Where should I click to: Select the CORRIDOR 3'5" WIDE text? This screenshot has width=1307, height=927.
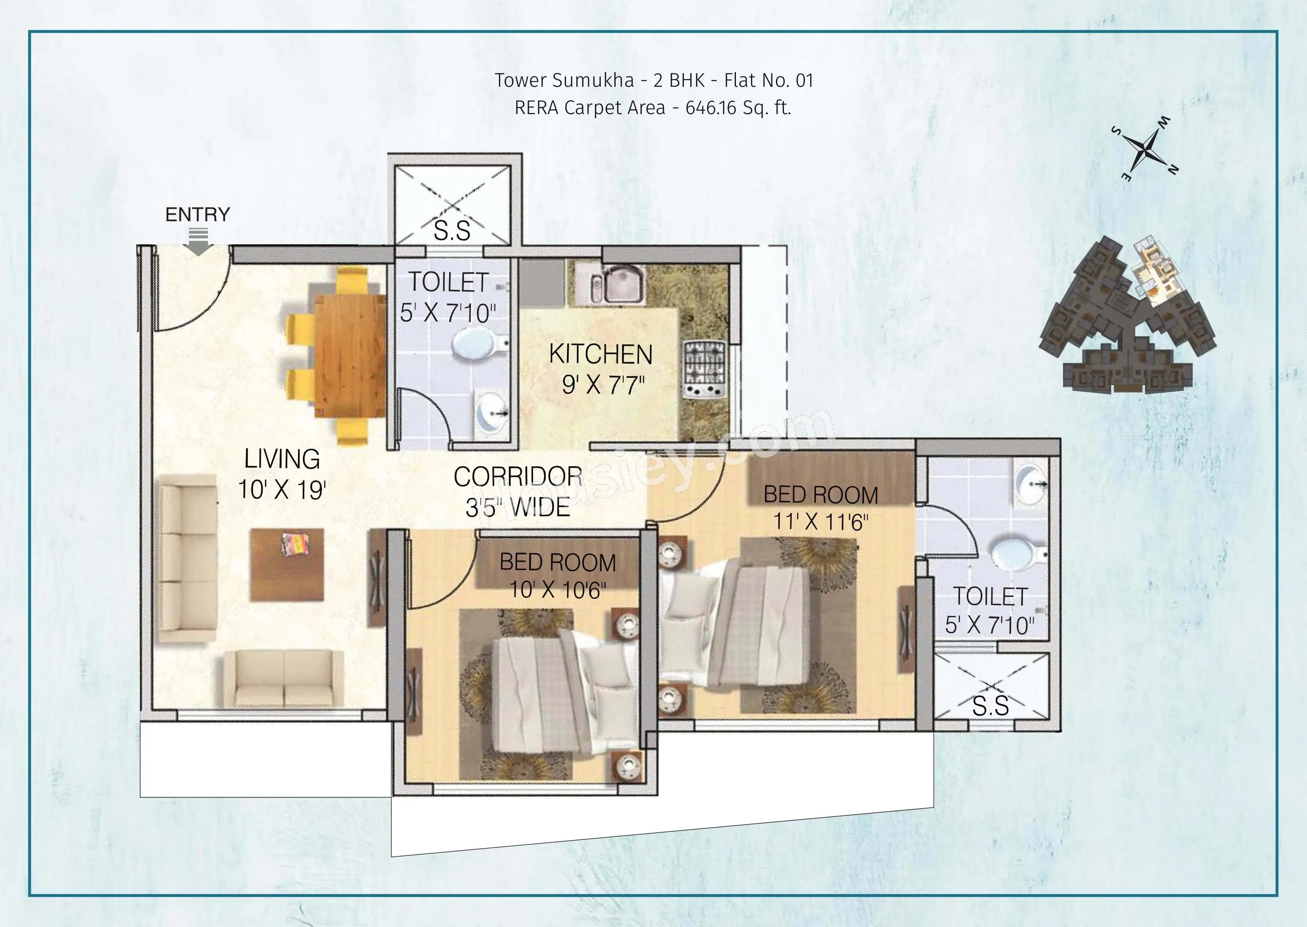pos(518,492)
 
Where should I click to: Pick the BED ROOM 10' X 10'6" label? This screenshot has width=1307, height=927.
pos(558,575)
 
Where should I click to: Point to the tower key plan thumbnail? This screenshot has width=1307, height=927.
pos(1127,317)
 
